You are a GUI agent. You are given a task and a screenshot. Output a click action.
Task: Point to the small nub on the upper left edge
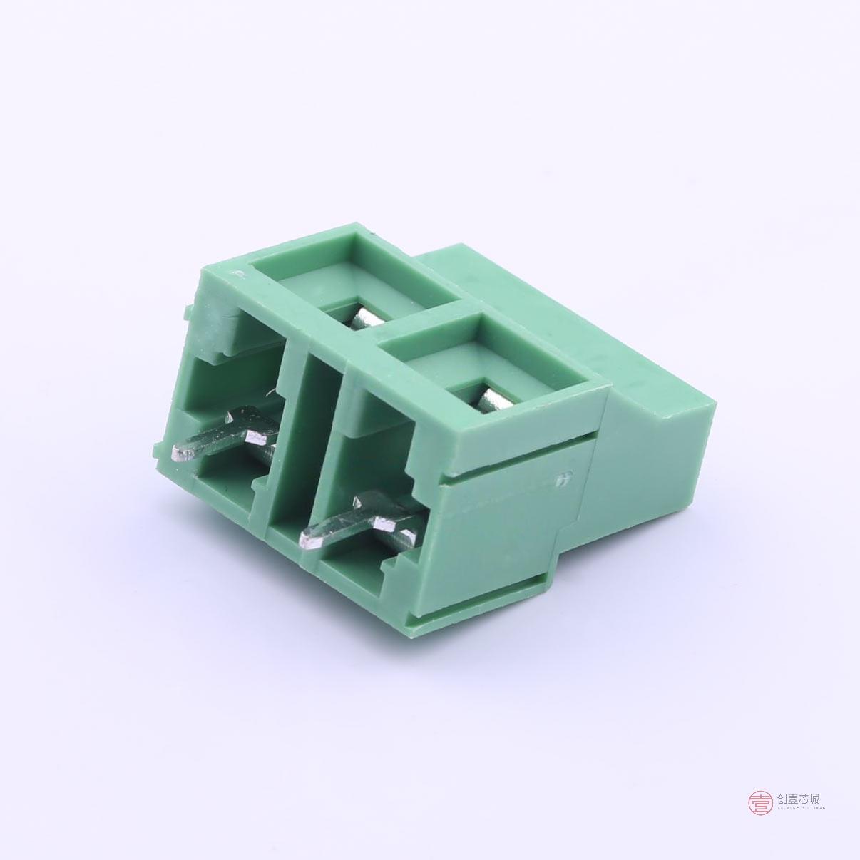[x=188, y=312]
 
